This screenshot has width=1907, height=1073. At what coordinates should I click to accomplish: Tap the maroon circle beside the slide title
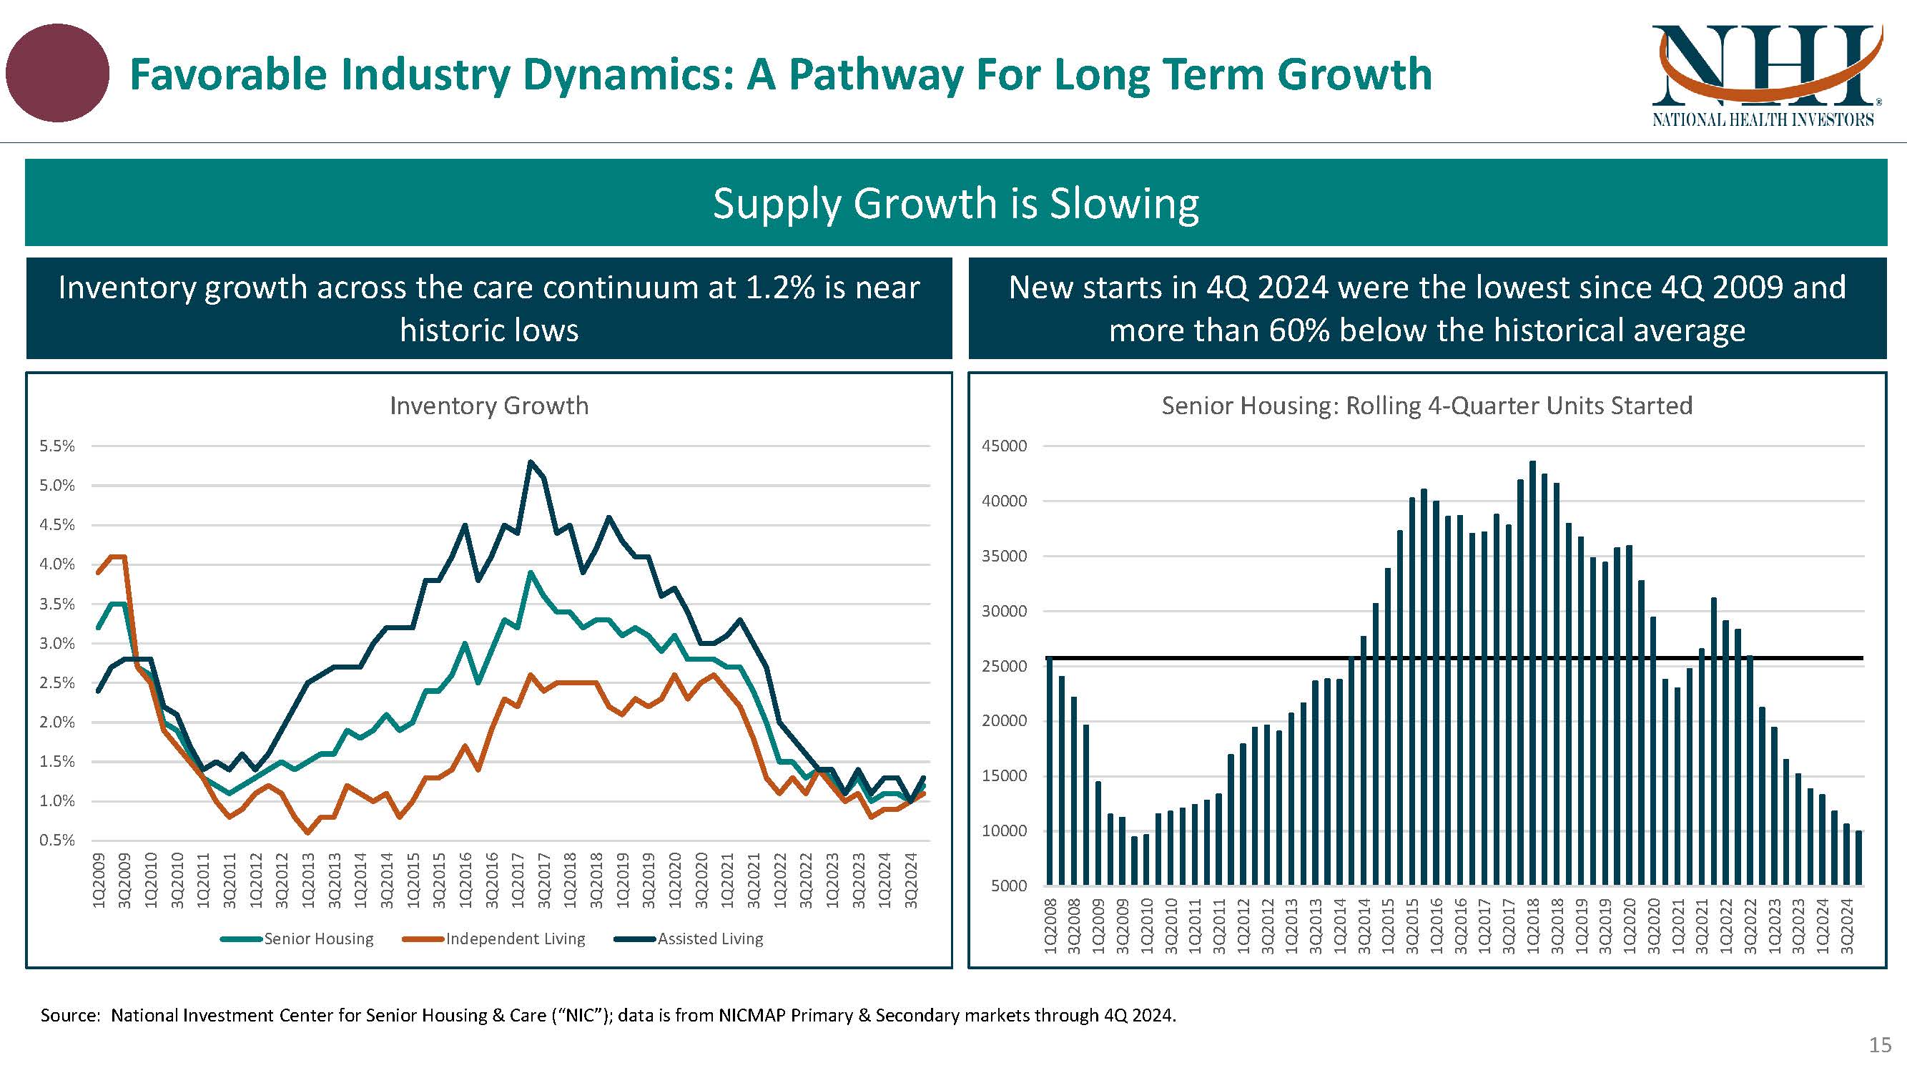[57, 72]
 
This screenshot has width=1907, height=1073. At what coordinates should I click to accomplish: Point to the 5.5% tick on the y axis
[57, 446]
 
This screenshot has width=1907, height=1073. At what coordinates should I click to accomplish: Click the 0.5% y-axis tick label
[57, 840]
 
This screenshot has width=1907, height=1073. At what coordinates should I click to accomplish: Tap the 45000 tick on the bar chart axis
[1004, 446]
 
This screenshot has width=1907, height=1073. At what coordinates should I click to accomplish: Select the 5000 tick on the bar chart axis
[1008, 886]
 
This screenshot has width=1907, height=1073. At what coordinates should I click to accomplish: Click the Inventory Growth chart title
[488, 406]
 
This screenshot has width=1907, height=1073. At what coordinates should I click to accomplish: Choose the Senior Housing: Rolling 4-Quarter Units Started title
[1426, 406]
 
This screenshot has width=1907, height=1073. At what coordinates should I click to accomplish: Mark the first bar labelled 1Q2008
[1050, 770]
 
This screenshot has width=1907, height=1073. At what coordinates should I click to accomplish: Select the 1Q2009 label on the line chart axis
[99, 881]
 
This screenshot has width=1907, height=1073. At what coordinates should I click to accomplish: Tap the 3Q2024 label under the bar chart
[1846, 926]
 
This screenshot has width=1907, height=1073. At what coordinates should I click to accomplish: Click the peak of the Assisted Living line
[531, 462]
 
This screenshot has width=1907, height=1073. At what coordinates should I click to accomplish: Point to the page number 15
[1880, 1045]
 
